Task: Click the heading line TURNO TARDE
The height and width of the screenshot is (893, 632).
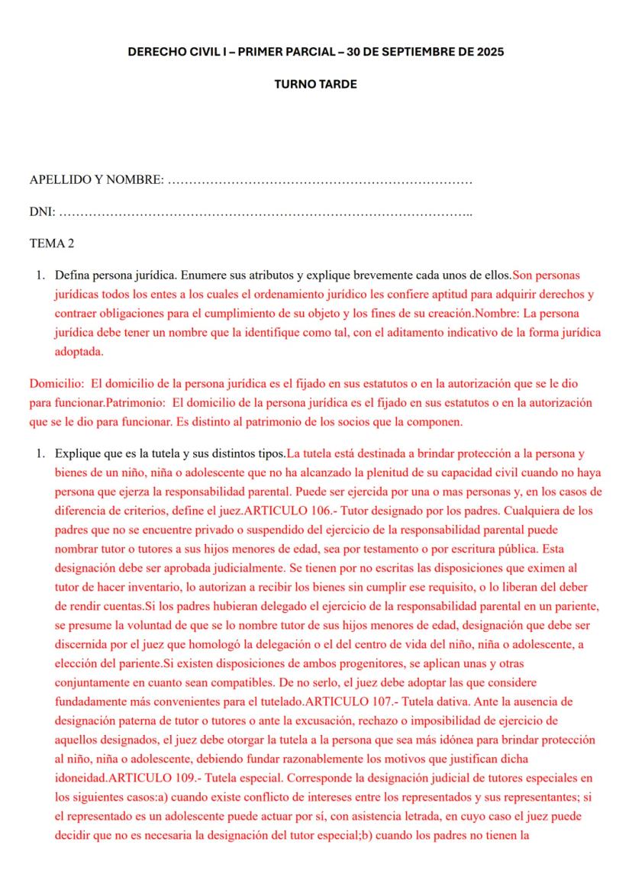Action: tap(315, 84)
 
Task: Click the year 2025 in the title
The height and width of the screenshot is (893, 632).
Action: tap(489, 53)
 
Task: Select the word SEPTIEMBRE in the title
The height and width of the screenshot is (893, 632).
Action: tap(412, 53)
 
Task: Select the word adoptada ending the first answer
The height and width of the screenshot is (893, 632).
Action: tap(79, 353)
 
